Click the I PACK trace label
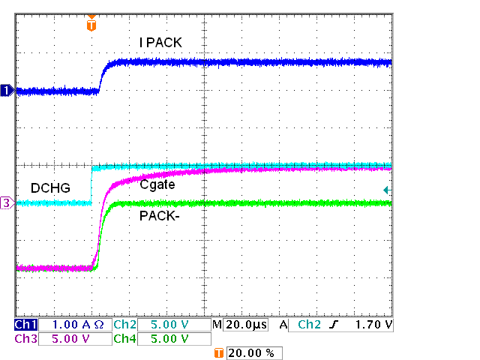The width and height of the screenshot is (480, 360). [x=160, y=43]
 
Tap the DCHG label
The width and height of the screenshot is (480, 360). [x=50, y=187]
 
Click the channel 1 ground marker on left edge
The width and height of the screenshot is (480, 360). [x=7, y=91]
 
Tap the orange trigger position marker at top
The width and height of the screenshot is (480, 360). [x=91, y=24]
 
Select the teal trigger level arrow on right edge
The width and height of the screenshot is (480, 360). [x=387, y=190]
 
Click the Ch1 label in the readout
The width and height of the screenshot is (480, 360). [x=25, y=325]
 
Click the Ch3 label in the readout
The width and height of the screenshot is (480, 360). [x=25, y=339]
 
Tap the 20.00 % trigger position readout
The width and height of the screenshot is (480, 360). [x=254, y=352]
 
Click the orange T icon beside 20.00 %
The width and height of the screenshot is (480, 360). [x=219, y=352]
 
